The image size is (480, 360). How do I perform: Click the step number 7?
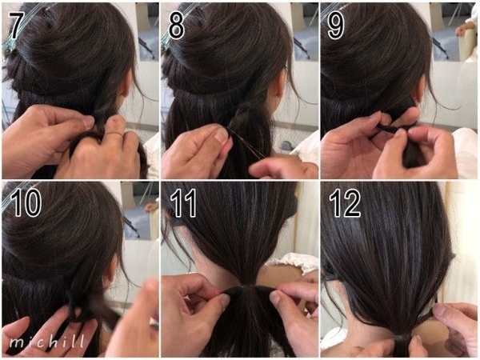[16, 26]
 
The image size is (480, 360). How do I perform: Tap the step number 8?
[177, 26]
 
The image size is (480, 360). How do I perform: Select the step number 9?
[336, 26]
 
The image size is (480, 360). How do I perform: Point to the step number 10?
[26, 202]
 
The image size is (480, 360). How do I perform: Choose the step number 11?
[183, 202]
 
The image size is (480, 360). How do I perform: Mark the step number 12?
[345, 202]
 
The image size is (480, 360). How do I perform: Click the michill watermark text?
[47, 341]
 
